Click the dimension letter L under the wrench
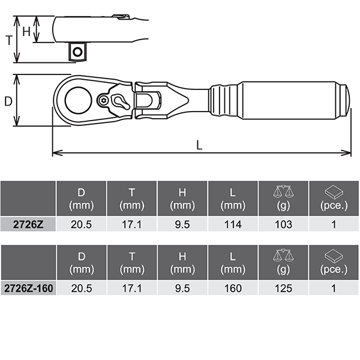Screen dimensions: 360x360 pos(199,145)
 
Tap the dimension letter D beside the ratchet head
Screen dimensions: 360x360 pos(8,101)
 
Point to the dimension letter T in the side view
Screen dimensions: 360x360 pos(9,40)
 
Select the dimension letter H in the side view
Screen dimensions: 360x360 pos(26,31)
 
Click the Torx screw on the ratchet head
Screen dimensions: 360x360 pos(103,100)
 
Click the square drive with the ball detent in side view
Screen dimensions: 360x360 pos(77,52)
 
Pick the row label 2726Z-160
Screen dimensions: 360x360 pos(28,289)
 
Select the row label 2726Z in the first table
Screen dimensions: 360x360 pos(28,224)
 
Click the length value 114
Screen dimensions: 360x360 pos(233,224)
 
